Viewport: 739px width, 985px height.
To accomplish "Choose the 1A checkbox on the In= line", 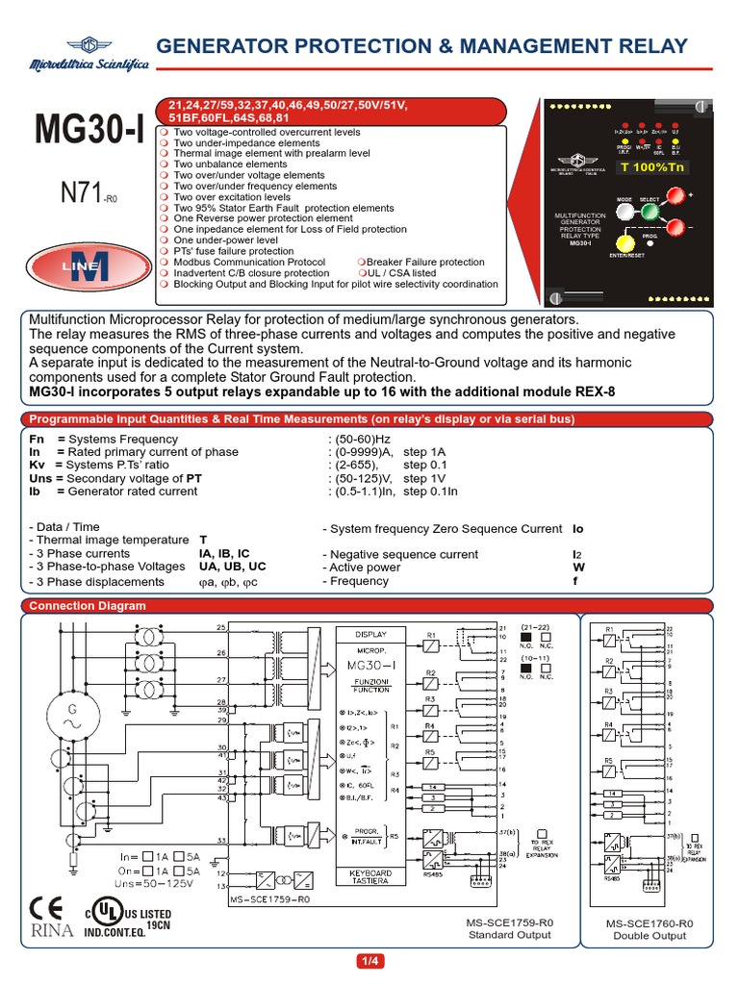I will click(x=148, y=855).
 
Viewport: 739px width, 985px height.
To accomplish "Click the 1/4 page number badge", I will click(x=369, y=961).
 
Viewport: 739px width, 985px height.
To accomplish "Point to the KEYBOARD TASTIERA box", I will click(x=370, y=877).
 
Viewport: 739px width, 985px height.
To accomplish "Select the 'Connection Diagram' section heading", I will click(x=88, y=605).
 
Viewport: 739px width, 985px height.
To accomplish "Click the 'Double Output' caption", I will click(x=650, y=936).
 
